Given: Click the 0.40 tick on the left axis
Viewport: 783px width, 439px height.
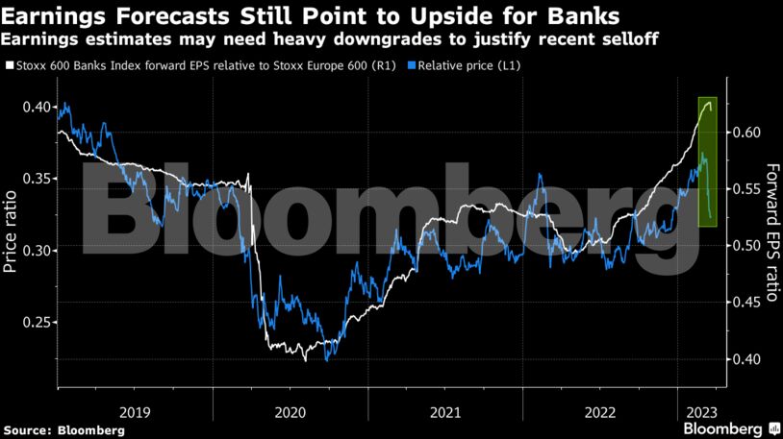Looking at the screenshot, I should coord(36,107).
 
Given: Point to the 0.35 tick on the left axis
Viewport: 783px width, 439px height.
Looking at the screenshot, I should coord(36,179).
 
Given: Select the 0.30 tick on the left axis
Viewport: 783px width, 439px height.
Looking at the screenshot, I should coord(36,251).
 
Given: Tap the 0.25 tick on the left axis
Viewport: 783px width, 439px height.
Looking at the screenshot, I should coord(36,323).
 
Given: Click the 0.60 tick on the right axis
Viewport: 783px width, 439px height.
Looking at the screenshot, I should coord(747,132).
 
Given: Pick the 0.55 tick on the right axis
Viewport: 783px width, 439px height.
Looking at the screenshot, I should coord(747,188).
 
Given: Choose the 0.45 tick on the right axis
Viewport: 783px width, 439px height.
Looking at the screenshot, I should coord(747,302).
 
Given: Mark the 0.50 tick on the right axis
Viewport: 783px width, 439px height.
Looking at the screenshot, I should coord(747,245).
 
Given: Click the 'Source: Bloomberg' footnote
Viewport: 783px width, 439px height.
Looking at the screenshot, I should coord(63,430).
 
